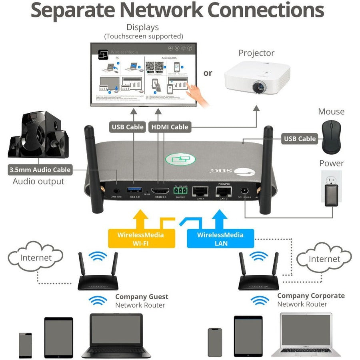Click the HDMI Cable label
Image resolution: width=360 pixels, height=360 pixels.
click(x=169, y=127)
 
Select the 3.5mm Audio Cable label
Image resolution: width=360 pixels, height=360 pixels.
click(x=40, y=170)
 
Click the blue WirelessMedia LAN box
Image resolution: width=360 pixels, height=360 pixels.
click(x=220, y=239)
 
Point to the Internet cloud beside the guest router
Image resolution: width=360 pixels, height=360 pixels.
click(x=36, y=257)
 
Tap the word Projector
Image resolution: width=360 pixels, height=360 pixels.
click(x=256, y=53)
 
